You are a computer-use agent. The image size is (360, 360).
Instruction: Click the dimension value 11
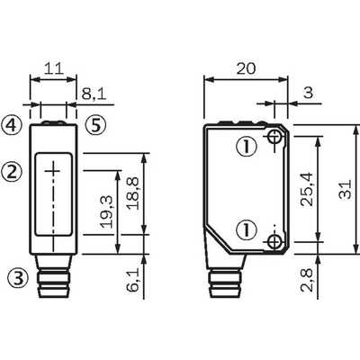(x=54, y=68)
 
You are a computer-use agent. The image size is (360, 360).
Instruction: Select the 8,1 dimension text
(x=94, y=94)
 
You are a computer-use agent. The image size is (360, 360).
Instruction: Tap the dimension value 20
(x=246, y=68)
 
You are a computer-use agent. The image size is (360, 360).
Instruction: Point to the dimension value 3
(x=308, y=93)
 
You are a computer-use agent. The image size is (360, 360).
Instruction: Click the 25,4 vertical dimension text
(x=307, y=189)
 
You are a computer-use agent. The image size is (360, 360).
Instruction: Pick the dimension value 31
(x=345, y=189)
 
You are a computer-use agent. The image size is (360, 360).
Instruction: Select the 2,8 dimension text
(x=307, y=280)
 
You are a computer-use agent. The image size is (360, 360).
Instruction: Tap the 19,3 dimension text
(x=106, y=211)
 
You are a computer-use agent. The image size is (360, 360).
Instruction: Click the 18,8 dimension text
(x=132, y=193)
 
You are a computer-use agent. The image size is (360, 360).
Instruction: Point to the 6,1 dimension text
(x=132, y=280)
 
